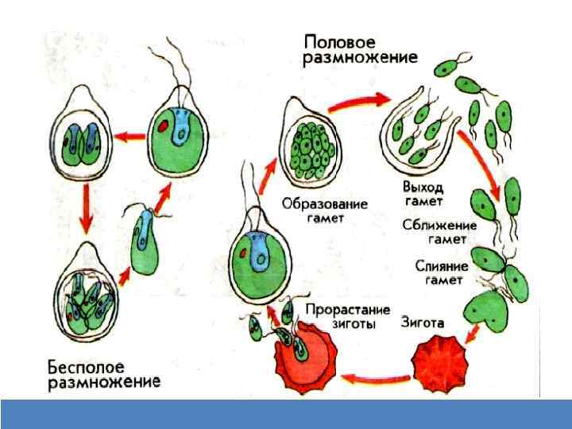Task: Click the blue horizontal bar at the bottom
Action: click(x=286, y=413)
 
